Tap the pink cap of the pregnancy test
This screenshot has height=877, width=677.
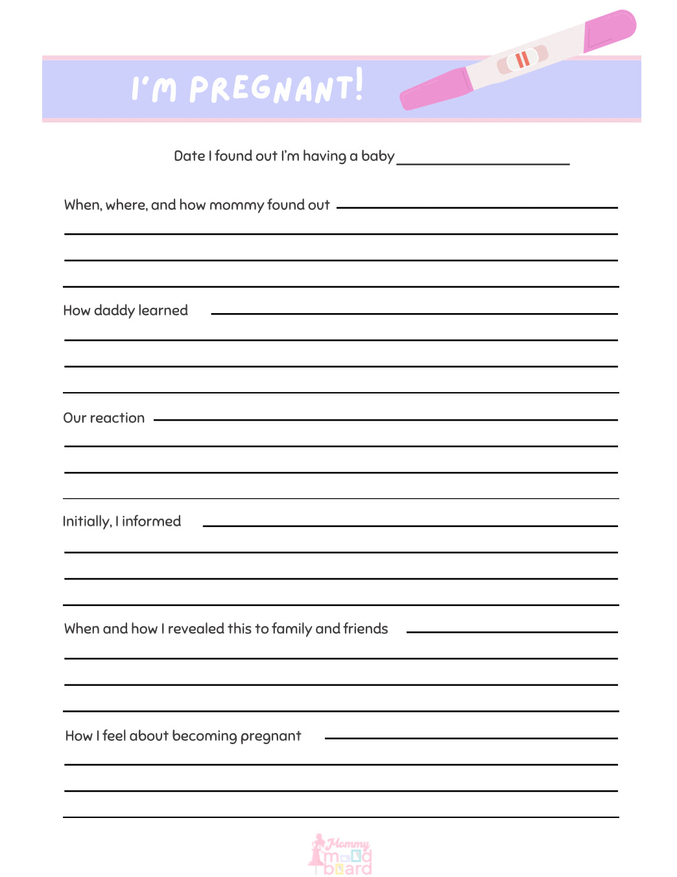[610, 30]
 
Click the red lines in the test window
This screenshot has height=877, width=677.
[522, 60]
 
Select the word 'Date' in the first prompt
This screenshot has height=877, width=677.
[189, 156]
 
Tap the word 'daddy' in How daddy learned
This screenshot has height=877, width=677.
[114, 311]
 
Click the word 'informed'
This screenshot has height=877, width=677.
[151, 522]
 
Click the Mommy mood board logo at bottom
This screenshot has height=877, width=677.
[340, 855]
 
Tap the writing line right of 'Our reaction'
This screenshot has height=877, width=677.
[385, 420]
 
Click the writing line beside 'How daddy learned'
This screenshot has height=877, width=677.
[414, 314]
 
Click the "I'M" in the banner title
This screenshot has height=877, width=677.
[154, 89]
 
